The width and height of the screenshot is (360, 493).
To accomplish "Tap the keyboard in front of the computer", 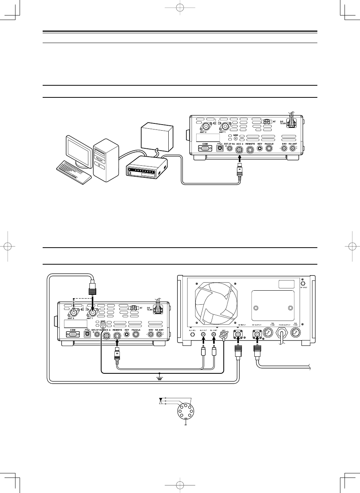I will pos(74,172).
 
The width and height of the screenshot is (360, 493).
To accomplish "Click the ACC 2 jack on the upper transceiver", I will pos(239,149).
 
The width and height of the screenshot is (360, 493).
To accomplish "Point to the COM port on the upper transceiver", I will pos(205,149).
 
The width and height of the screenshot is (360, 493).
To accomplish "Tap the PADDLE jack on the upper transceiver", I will pos(269,149).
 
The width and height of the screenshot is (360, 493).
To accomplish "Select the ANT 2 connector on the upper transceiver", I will pos(206,126).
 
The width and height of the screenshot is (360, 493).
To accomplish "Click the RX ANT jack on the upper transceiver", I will pos(293,149).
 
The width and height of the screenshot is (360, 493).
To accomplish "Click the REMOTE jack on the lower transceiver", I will pos(117,335).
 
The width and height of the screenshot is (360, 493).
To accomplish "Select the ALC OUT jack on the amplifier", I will pos(203,334).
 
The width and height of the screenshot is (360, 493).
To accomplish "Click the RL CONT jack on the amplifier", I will pos(214,334).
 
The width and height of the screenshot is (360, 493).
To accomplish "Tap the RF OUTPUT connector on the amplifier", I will pos(257,334).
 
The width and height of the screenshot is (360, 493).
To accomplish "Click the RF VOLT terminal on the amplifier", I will pos(303,283).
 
